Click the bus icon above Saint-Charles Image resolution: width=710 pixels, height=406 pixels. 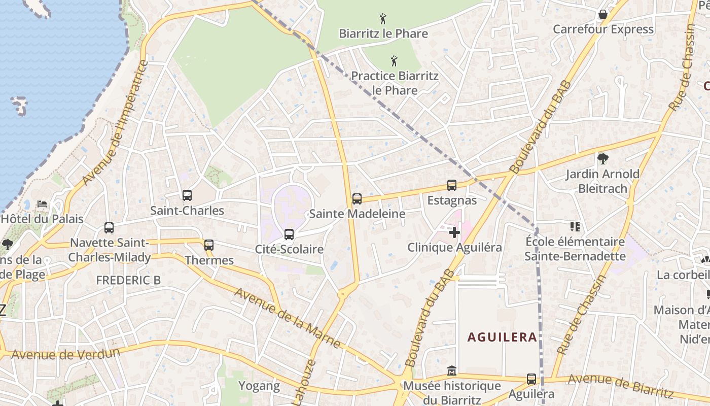click(x=187, y=195)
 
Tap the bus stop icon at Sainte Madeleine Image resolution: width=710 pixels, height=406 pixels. click(x=357, y=199)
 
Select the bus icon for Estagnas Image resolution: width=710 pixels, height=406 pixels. click(x=452, y=185)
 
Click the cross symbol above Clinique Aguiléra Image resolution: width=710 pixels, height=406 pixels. click(x=454, y=232)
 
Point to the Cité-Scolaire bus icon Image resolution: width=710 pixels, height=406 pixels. click(x=289, y=234)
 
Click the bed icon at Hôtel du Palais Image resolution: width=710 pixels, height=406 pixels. click(x=42, y=204)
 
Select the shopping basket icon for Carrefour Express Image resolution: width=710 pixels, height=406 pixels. click(x=603, y=14)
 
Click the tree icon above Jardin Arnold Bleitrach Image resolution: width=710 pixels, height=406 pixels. click(x=602, y=159)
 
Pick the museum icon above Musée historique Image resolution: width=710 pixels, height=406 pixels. click(x=452, y=371)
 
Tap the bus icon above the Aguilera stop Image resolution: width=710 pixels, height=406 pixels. click(x=531, y=379)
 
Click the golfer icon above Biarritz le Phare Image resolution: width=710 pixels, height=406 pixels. click(x=383, y=19)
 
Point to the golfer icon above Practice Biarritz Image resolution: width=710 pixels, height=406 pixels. click(x=395, y=61)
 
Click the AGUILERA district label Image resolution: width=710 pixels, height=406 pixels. click(x=502, y=337)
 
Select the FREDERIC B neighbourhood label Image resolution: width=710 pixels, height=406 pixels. click(x=128, y=280)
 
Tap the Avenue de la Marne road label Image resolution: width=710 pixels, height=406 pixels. click(x=288, y=318)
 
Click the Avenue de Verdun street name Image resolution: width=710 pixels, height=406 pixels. click(x=66, y=354)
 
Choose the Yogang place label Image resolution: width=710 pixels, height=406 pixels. click(x=259, y=386)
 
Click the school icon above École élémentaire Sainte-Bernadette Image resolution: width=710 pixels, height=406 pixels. click(x=575, y=227)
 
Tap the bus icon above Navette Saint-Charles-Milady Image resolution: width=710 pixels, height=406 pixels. click(x=109, y=228)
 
